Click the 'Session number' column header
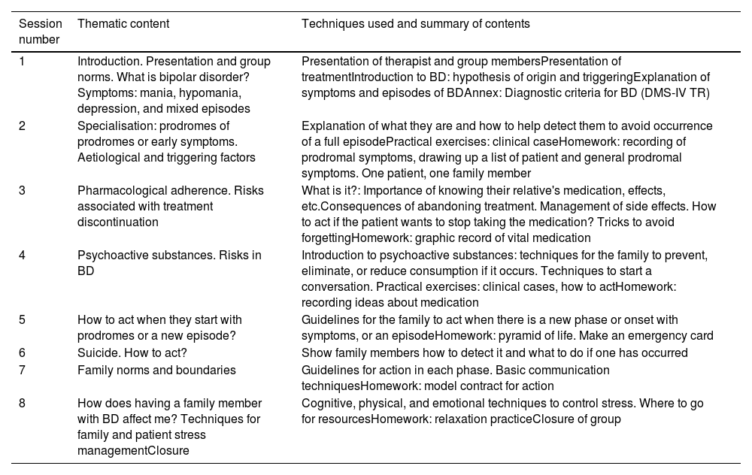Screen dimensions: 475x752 [x=40, y=32]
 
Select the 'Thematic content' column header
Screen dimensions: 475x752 [x=123, y=24]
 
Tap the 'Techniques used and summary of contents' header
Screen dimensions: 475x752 [x=415, y=24]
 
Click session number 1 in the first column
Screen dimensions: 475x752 [x=23, y=61]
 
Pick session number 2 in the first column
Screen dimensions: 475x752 [x=23, y=126]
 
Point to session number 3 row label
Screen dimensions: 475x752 [x=23, y=190]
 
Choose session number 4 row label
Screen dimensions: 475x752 [x=23, y=255]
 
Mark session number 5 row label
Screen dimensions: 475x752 [x=23, y=319]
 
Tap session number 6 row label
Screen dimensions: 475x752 [x=23, y=352]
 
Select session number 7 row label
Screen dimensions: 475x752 [x=23, y=370]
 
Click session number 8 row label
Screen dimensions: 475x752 [x=23, y=403]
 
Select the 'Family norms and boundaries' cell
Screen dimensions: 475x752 [x=156, y=370]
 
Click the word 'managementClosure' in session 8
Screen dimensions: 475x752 [x=133, y=451]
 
